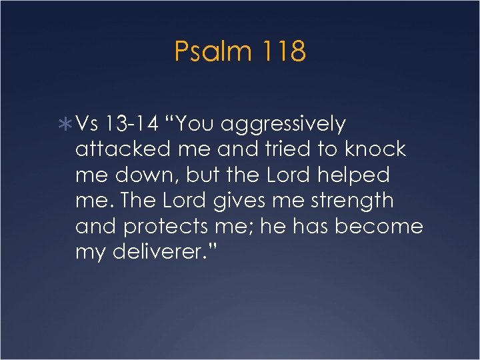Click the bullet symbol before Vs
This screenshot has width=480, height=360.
(x=69, y=124)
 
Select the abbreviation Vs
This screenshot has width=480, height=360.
(x=87, y=124)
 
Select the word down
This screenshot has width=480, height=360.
(x=139, y=175)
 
